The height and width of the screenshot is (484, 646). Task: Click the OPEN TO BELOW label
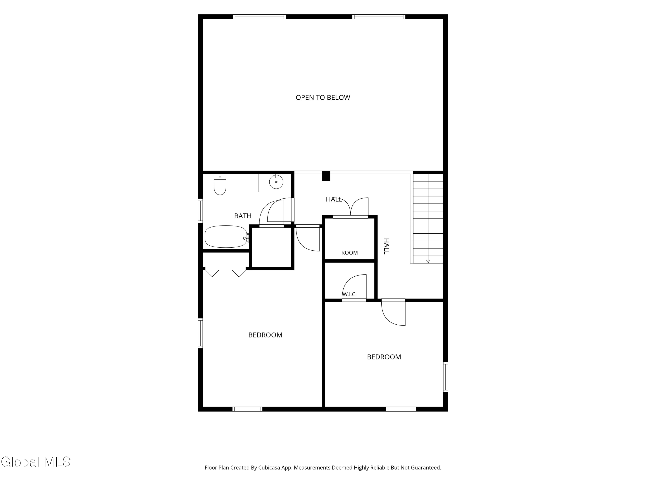[323, 97]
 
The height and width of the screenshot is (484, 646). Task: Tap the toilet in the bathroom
[220, 184]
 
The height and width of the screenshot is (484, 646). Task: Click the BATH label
[243, 216]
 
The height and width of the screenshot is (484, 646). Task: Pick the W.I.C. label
[349, 294]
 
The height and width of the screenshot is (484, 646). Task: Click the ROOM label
[349, 253]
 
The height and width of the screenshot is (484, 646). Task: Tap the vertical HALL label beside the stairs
[386, 246]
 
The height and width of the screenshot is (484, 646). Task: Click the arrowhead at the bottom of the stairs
[428, 261]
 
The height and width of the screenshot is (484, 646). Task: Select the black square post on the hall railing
[326, 176]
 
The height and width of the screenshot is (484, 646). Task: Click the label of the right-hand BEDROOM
[384, 357]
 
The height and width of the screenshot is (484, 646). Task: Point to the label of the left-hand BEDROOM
[265, 335]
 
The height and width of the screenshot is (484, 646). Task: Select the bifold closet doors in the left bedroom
[225, 272]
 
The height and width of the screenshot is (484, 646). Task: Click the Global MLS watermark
[36, 462]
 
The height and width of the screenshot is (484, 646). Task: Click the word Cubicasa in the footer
[269, 468]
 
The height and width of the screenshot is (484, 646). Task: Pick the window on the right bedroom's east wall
[445, 377]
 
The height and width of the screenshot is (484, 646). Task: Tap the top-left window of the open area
[259, 17]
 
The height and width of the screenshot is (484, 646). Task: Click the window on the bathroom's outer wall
[200, 211]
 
